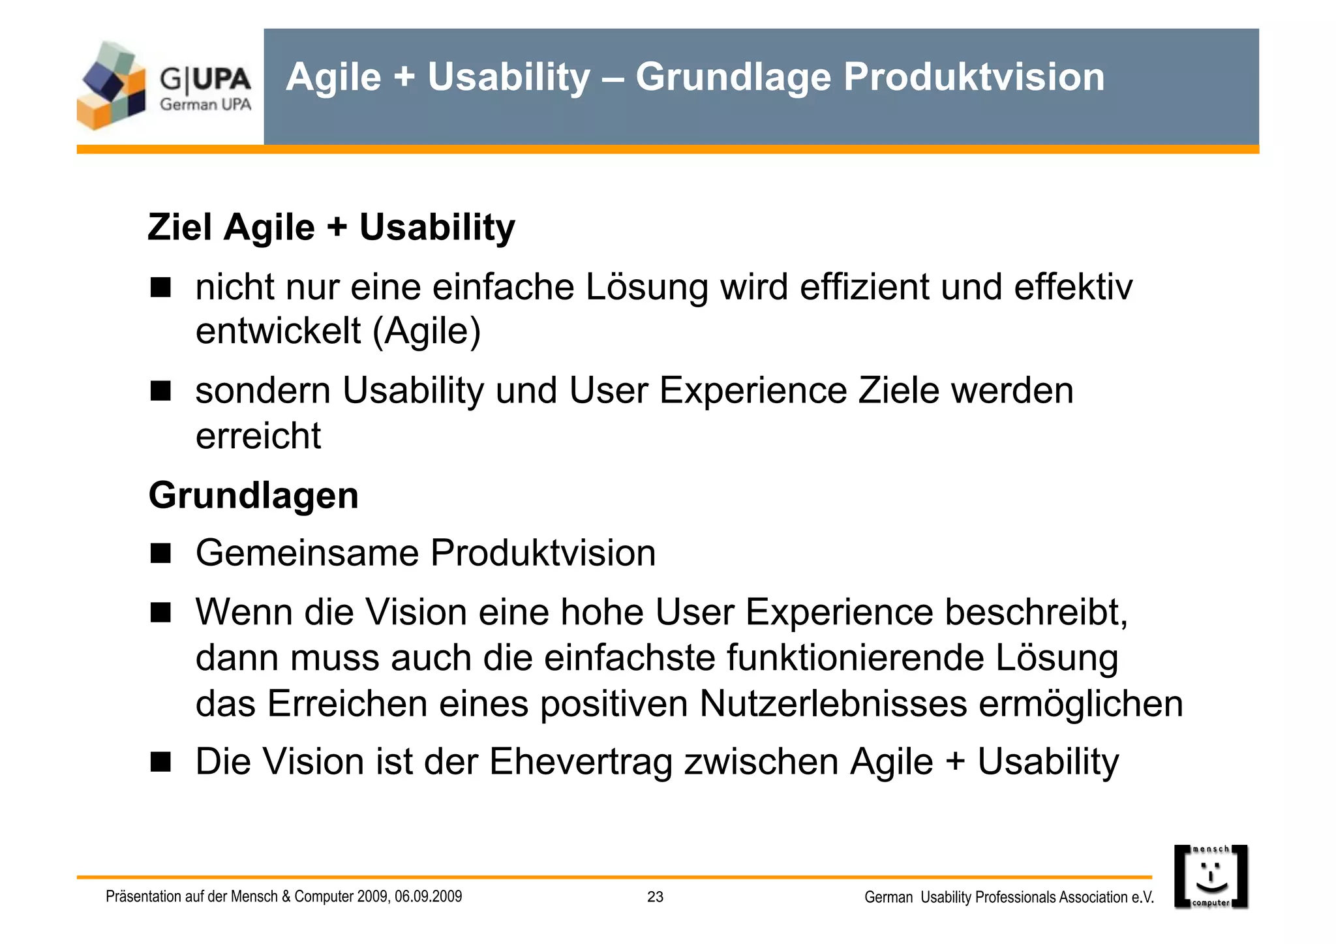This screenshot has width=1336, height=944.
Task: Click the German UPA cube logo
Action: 111,86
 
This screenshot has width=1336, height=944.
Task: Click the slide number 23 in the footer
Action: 655,897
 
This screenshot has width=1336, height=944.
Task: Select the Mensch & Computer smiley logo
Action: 1211,877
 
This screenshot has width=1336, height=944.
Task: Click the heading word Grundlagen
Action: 254,495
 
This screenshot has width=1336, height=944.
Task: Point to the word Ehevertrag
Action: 581,761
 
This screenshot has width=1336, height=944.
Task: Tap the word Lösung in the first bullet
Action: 646,287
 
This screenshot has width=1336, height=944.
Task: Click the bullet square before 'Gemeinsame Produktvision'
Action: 160,553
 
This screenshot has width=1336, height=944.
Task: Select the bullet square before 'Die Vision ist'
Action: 160,761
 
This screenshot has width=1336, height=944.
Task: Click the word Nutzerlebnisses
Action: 833,704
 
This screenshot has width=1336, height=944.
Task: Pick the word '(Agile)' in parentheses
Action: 427,331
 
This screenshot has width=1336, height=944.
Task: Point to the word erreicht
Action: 258,436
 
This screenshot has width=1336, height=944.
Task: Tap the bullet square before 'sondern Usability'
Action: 160,391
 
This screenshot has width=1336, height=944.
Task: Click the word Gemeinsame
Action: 307,553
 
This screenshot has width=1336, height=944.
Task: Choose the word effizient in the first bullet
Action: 864,287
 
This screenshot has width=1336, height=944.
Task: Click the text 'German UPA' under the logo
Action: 205,104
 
